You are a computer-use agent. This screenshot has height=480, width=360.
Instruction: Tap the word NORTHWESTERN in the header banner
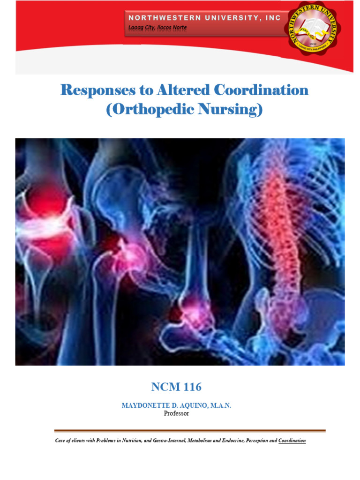[x=164, y=18]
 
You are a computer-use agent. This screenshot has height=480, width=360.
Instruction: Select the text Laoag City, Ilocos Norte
[x=157, y=28]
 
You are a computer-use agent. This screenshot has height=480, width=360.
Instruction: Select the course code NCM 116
[x=176, y=387]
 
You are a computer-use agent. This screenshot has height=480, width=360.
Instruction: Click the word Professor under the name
[x=176, y=413]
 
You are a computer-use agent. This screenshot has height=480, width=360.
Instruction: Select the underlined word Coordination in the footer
[x=292, y=441]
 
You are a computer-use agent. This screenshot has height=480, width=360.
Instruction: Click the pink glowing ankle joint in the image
[x=196, y=307]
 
